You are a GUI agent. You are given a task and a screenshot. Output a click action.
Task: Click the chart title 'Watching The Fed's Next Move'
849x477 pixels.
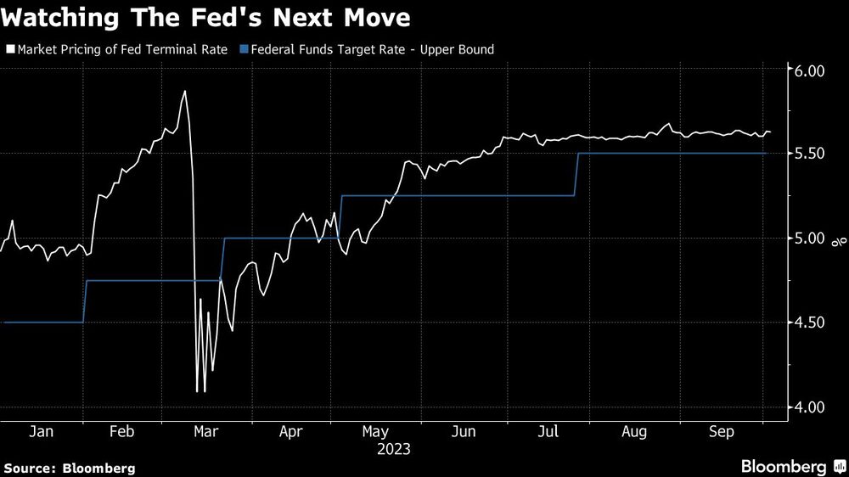208,17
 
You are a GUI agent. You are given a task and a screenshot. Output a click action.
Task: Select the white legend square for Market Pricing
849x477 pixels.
10,49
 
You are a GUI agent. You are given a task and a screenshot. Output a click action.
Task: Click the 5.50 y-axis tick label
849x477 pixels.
808,154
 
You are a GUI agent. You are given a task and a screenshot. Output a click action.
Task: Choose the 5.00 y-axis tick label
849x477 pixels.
808,238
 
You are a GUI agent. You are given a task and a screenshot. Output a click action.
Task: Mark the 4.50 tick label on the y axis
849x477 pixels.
808,323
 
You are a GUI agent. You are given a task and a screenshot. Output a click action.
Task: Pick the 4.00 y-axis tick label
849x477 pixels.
808,407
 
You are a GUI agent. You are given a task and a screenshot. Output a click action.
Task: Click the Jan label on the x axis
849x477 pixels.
42,432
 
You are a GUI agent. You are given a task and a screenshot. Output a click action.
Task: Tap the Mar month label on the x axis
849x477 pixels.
207,432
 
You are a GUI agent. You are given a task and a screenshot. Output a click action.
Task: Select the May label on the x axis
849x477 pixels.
375,432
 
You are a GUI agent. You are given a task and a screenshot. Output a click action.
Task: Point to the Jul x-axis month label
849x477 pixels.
548,432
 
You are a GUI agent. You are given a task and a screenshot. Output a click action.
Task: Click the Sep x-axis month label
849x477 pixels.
722,432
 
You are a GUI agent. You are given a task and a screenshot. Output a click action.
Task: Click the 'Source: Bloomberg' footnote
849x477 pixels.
70,468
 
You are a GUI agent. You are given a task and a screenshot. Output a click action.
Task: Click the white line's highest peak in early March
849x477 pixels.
184,91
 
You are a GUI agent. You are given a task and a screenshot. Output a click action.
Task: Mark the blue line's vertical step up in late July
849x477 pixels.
576,174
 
